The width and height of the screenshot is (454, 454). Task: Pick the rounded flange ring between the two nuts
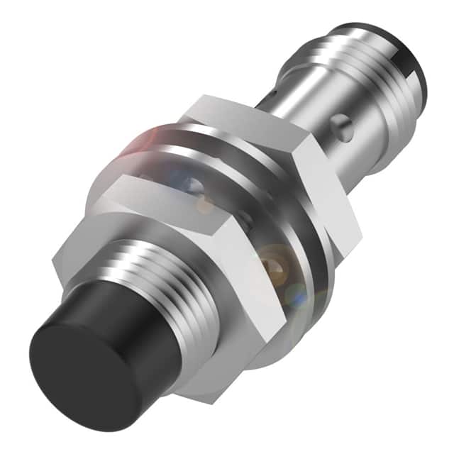coord(284,284)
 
